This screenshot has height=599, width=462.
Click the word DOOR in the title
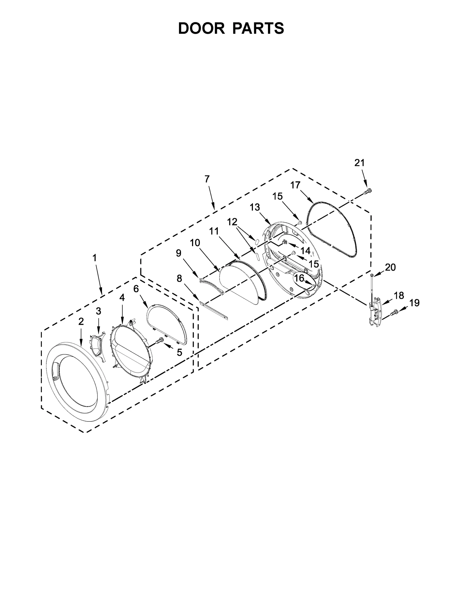[x=201, y=28]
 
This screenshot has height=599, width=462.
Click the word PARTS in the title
[x=258, y=28]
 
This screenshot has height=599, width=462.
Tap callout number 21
[x=359, y=163]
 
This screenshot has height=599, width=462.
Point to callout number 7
[x=207, y=179]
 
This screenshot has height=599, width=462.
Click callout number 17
[x=295, y=185]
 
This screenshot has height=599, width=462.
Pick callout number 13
[x=255, y=207]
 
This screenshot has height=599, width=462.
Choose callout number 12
[x=232, y=222]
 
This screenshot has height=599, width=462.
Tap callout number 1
[x=94, y=258]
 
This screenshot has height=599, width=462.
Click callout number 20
[x=390, y=268]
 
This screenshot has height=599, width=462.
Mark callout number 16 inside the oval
[x=299, y=278]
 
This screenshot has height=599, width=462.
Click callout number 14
[x=305, y=250]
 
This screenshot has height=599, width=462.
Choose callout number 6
[x=136, y=289]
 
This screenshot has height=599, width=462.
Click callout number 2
[x=81, y=321]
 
